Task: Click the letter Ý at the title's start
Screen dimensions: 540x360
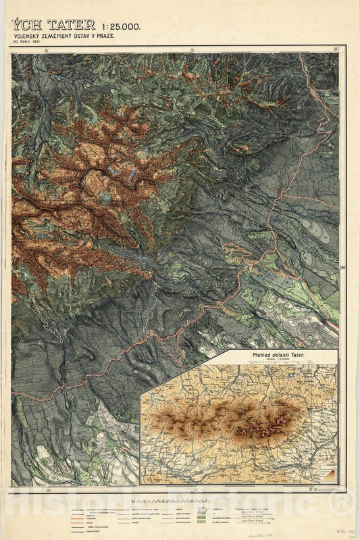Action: (x=16, y=24)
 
